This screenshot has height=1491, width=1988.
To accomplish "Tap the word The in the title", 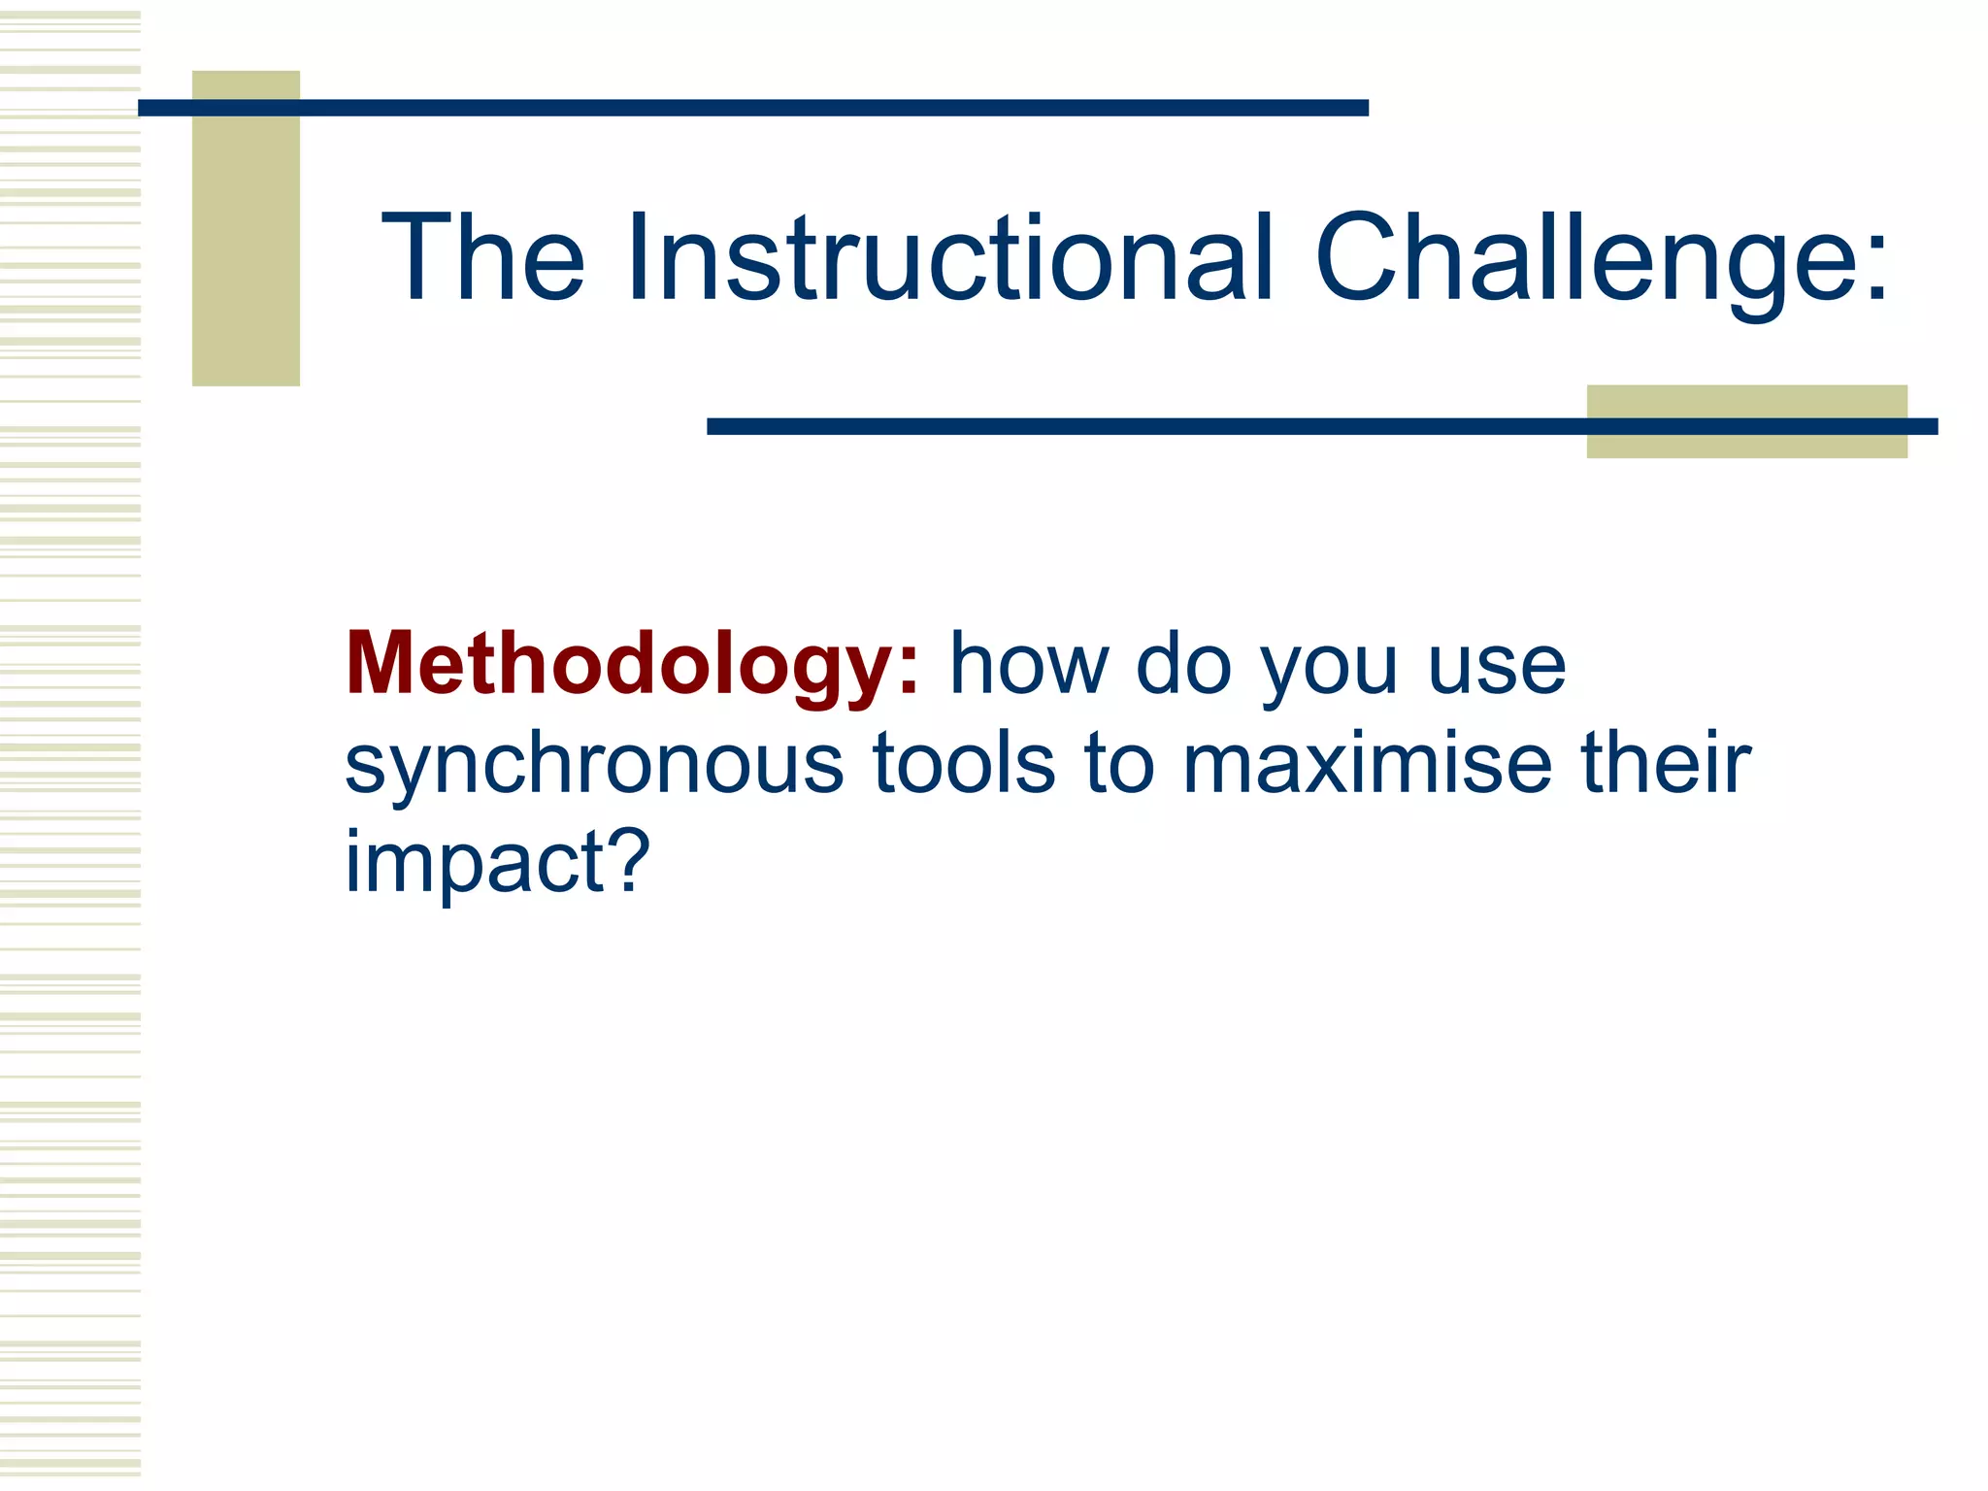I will (x=482, y=258).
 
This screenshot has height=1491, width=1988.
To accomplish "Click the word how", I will (x=1029, y=666).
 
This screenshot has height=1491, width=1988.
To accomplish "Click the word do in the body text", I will (x=1184, y=666).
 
